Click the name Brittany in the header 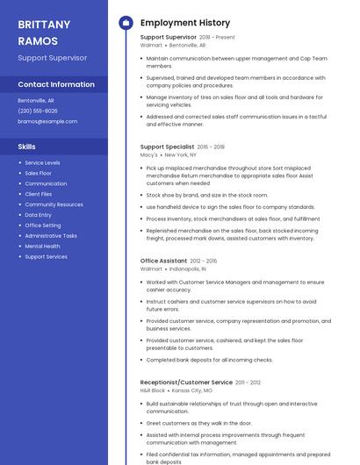click(x=44, y=25)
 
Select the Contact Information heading click(x=56, y=84)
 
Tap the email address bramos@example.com click(x=41, y=121)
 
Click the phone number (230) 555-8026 click(x=38, y=111)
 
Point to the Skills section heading click(x=27, y=147)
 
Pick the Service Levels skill click(x=42, y=162)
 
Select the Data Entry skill click(x=38, y=215)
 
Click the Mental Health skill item click(x=42, y=247)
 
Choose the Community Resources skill click(x=54, y=204)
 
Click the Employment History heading click(x=185, y=23)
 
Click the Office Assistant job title click(x=163, y=261)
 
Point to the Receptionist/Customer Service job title click(x=186, y=383)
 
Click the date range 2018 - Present click(x=217, y=38)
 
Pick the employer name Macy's click(x=149, y=154)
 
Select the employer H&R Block click(x=152, y=390)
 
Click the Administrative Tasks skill click(x=51, y=236)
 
